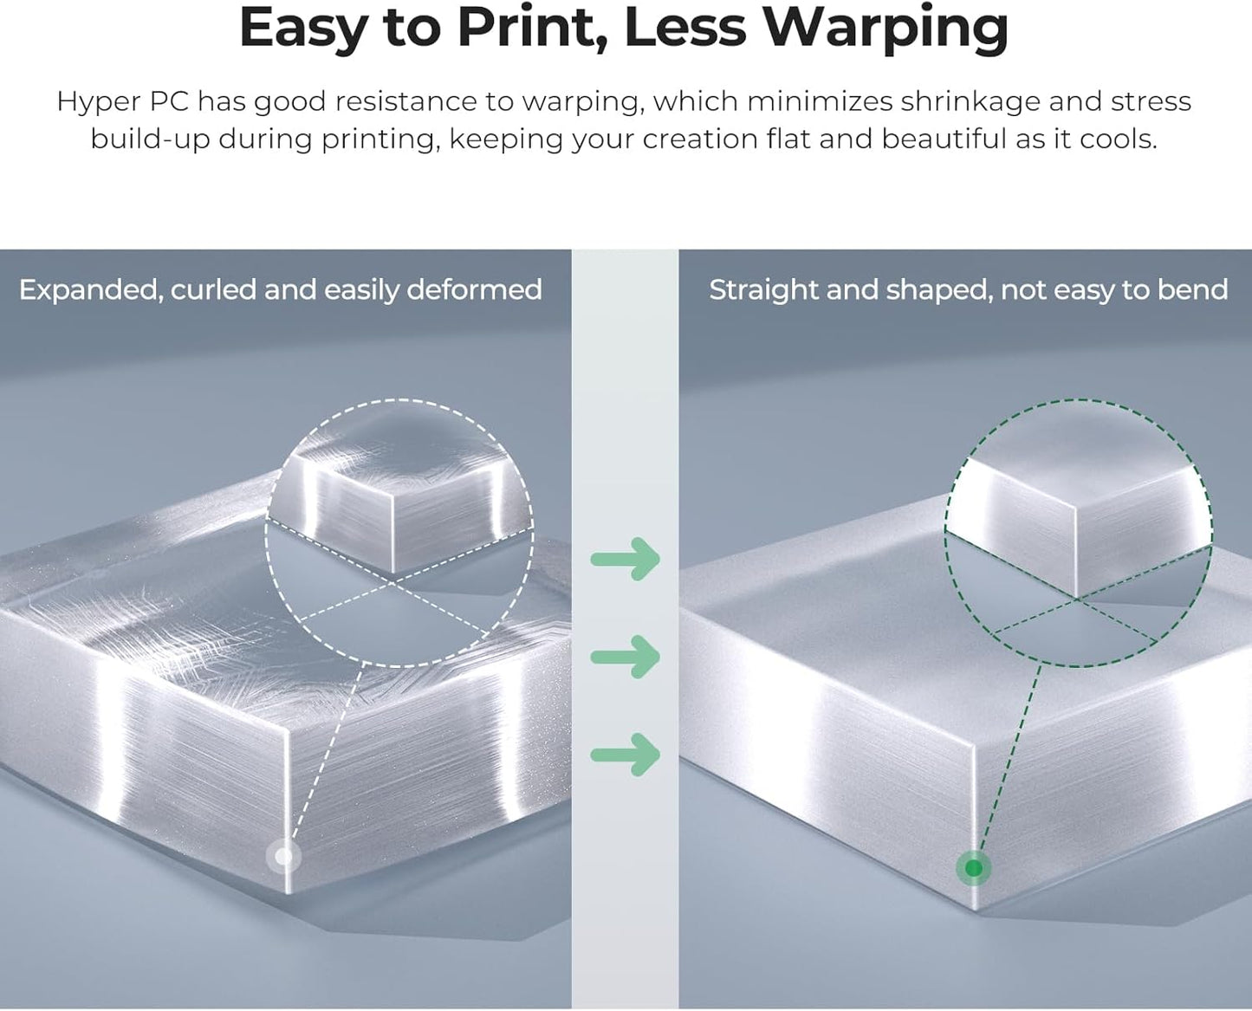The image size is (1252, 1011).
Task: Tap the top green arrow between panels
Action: pos(626,559)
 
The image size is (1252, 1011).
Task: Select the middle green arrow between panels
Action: pos(626,657)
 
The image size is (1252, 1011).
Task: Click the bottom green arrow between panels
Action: pos(626,754)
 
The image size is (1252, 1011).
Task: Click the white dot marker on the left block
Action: pos(283,857)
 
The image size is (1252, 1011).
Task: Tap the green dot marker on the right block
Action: pos(974,867)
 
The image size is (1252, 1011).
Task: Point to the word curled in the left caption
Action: pos(213,289)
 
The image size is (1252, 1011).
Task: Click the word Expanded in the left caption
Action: pos(90,289)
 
